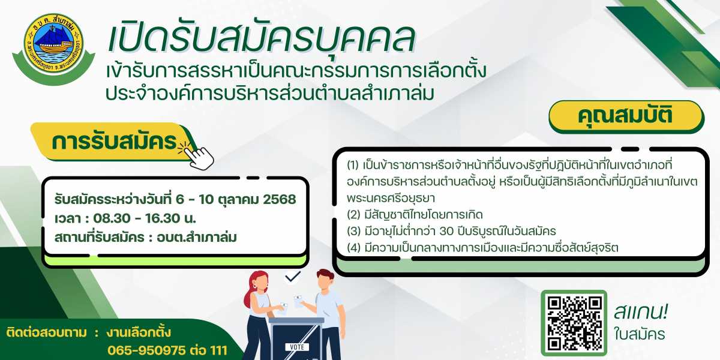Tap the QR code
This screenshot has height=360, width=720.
point(574,323)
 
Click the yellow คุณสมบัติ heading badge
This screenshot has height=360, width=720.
point(626,116)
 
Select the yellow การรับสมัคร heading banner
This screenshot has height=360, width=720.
point(114,142)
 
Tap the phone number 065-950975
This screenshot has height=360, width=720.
point(146,350)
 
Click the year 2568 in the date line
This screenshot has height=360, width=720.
point(280,200)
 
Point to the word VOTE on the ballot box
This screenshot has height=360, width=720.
point(297,347)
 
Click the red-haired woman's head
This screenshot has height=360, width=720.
point(259,283)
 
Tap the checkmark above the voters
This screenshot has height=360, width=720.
point(293,277)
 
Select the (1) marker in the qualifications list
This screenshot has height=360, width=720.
point(353,166)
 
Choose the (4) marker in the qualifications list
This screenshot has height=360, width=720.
point(353,248)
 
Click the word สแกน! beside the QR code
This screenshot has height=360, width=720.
point(641,312)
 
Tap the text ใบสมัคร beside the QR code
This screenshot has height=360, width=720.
point(640,334)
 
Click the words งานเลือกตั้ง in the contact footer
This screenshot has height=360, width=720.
point(138,332)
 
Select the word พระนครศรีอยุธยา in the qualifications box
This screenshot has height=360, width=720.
point(391,198)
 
